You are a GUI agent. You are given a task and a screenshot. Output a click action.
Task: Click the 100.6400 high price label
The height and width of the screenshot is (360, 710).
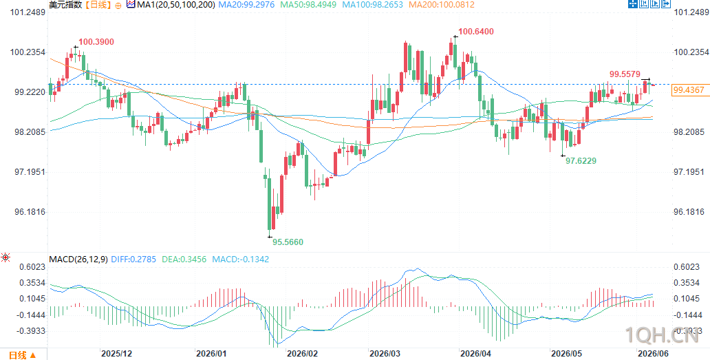(x=476, y=32)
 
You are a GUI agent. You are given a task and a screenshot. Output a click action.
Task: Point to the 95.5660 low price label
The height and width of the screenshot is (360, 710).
(x=288, y=242)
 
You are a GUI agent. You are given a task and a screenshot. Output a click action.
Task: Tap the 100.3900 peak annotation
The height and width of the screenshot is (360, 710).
(x=96, y=42)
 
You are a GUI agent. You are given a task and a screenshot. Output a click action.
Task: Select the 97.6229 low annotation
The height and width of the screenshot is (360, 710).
(x=581, y=160)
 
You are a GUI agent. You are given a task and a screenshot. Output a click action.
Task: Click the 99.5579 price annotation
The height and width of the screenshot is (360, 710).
(x=625, y=74)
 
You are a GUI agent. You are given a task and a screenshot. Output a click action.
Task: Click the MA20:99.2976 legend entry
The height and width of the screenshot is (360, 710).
(x=246, y=5)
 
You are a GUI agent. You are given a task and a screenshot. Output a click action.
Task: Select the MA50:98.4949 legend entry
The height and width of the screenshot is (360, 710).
(x=308, y=5)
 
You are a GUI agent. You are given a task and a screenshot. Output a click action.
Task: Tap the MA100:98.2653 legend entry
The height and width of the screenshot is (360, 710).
(x=372, y=5)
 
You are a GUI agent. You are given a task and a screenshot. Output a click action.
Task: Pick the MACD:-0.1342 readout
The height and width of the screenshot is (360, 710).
(x=241, y=260)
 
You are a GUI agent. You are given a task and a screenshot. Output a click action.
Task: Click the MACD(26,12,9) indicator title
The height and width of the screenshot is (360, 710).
(x=78, y=260)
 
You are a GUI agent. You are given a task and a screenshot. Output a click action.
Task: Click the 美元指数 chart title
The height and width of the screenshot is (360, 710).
(x=64, y=5)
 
